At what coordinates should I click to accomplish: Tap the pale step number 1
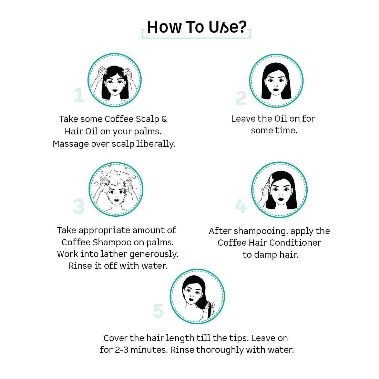point(79,95)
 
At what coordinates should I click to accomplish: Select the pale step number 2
point(241,98)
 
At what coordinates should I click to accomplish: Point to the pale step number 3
point(79,206)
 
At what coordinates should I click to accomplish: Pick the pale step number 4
point(241,206)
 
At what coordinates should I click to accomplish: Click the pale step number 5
point(158,310)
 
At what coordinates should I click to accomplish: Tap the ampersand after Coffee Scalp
point(164,119)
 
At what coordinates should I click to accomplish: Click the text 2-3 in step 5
point(122,350)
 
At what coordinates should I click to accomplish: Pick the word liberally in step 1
point(156,144)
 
